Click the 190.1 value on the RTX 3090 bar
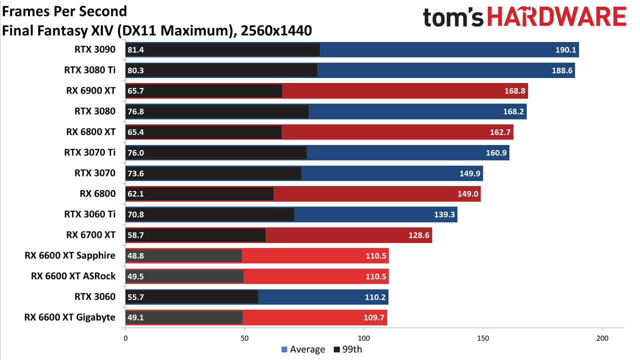click(565, 50)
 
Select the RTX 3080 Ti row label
click(89, 70)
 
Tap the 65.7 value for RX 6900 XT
click(135, 91)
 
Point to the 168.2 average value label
click(513, 111)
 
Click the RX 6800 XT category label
click(91, 132)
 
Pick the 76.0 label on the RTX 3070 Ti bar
click(135, 153)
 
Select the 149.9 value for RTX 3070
click(469, 173)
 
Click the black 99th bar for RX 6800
click(199, 194)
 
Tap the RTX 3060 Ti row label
click(89, 214)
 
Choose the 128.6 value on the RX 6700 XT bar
click(419, 235)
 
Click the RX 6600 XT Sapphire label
click(70, 255)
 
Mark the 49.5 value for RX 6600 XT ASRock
click(135, 276)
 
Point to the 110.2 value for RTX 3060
click(375, 297)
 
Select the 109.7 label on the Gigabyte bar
click(373, 317)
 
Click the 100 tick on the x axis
click(363, 338)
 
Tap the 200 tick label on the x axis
click(602, 338)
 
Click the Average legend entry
click(303, 349)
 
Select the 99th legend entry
click(348, 349)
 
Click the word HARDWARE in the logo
click(557, 16)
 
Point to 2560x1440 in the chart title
click(276, 31)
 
